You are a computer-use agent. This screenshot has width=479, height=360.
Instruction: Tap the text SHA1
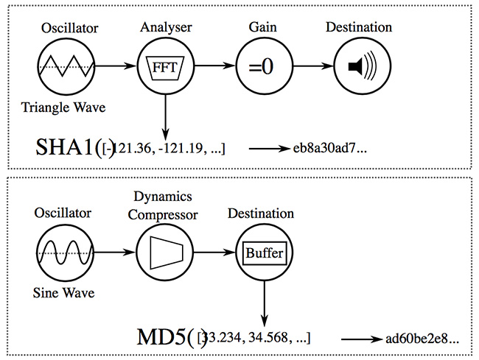[x=65, y=149]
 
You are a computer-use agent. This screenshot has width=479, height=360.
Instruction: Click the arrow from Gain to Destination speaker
[x=310, y=66]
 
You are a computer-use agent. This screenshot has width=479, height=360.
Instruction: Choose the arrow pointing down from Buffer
[x=264, y=302]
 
